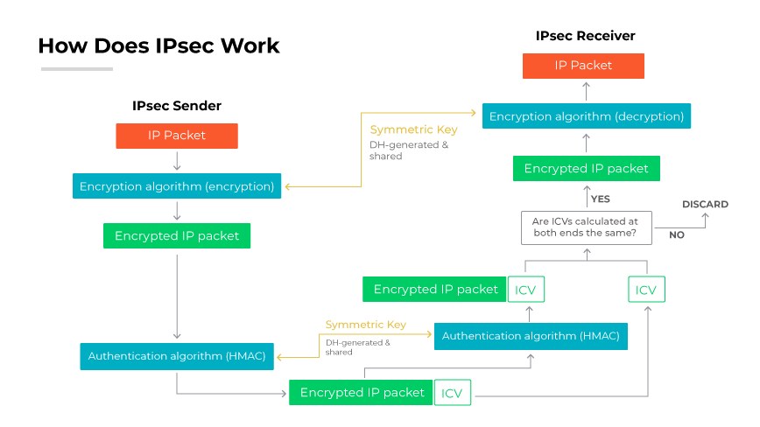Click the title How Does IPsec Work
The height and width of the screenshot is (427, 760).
click(x=158, y=45)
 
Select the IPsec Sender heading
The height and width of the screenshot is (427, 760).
click(x=177, y=106)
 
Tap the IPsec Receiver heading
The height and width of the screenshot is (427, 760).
click(x=585, y=36)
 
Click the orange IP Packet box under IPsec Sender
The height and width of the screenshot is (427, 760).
click(x=177, y=136)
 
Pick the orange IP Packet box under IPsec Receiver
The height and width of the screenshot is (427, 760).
click(x=583, y=66)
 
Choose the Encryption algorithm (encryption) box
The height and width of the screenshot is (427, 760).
click(x=177, y=186)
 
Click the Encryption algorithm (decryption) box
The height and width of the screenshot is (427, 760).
click(x=586, y=116)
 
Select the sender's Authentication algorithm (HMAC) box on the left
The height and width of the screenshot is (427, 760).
click(x=178, y=356)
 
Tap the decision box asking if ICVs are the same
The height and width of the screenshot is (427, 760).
click(x=585, y=228)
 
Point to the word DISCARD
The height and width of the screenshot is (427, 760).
click(x=705, y=205)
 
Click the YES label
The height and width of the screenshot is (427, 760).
click(x=601, y=199)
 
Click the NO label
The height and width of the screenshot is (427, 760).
click(x=677, y=235)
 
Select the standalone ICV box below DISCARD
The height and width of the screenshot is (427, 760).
click(x=646, y=290)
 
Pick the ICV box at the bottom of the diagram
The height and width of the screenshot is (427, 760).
click(x=452, y=393)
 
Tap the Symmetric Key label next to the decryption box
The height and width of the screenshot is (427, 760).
click(x=413, y=130)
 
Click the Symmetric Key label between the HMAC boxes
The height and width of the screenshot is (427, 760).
click(x=365, y=325)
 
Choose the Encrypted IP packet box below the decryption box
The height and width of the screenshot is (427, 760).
click(x=586, y=169)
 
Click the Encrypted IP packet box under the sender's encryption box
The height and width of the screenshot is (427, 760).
click(x=177, y=236)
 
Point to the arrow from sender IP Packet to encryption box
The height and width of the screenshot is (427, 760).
click(x=177, y=161)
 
